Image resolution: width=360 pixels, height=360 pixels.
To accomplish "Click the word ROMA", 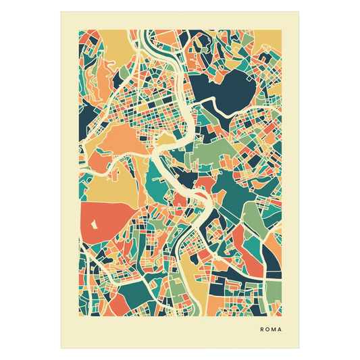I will pyautogui.click(x=272, y=330).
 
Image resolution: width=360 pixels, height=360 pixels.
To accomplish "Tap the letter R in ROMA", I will pyautogui.click(x=261, y=330).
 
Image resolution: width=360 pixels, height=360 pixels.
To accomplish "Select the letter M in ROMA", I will pyautogui.click(x=275, y=330).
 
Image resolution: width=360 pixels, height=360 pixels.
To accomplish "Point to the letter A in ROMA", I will pyautogui.click(x=282, y=330).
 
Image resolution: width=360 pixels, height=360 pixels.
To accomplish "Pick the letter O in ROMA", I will pyautogui.click(x=268, y=330).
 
